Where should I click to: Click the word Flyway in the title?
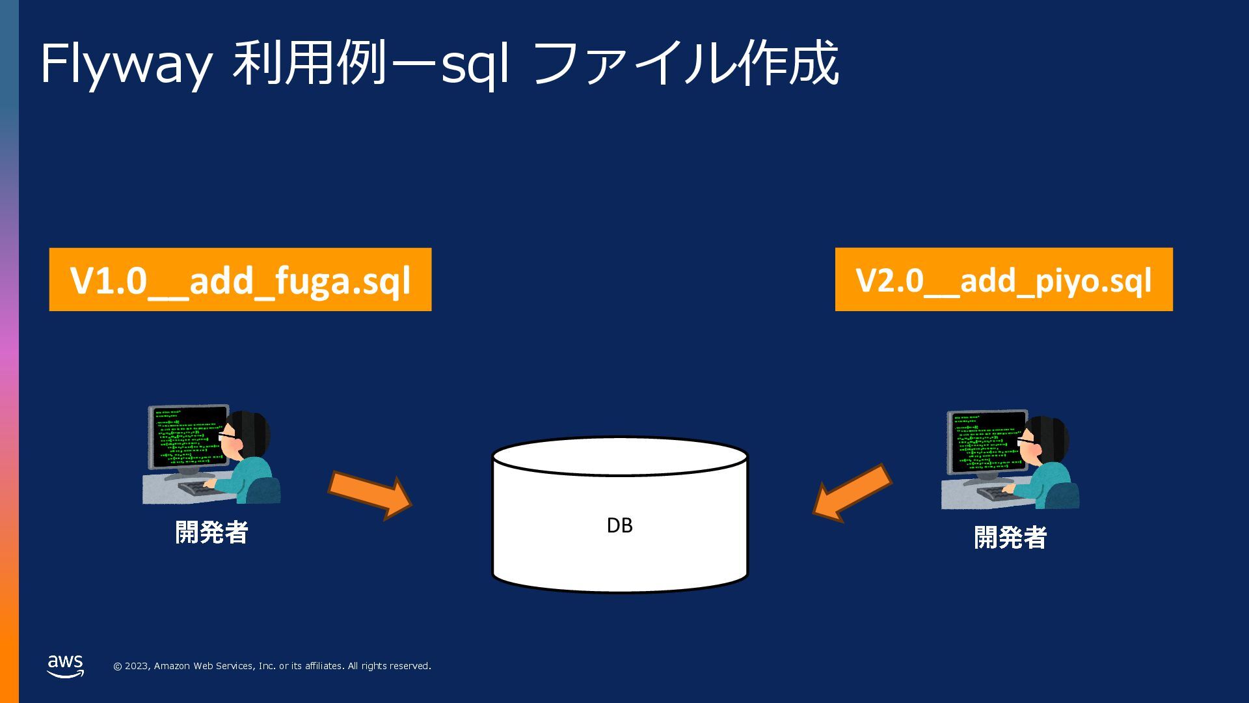[126, 64]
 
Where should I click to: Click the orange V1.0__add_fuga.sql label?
[240, 280]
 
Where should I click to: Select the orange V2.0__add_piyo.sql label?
[1003, 280]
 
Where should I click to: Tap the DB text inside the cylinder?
[619, 525]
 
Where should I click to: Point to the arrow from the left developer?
[369, 495]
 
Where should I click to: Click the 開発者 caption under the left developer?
[211, 532]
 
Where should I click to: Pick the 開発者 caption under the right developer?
[1010, 538]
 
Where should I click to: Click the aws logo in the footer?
[66, 665]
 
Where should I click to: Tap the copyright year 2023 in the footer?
[137, 666]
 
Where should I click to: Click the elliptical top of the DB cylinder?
[619, 456]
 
